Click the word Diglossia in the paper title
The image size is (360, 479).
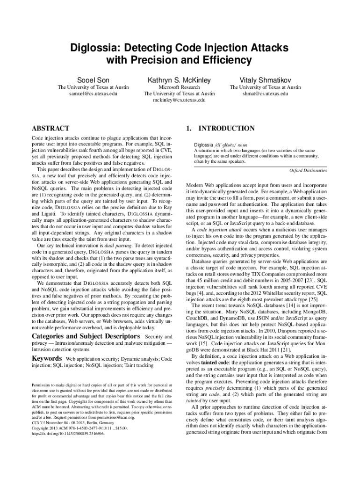tap(91, 48)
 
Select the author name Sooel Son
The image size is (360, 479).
tap(93, 80)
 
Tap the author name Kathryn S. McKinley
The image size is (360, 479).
tap(179, 80)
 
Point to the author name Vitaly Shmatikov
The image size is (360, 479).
tap(265, 80)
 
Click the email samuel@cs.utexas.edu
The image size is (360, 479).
tap(93, 94)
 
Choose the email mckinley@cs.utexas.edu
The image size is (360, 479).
tap(179, 100)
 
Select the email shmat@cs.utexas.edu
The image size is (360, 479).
tap(265, 94)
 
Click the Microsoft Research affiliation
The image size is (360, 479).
tap(179, 87)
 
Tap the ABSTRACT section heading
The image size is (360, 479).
tap(50, 128)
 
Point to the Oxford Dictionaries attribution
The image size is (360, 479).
tap(308, 171)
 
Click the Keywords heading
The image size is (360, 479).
tap(46, 359)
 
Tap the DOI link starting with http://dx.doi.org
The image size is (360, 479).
tap(68, 434)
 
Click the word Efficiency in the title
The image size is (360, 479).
tap(219, 60)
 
